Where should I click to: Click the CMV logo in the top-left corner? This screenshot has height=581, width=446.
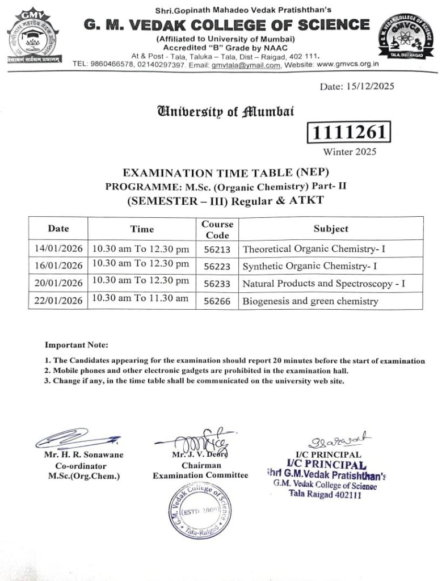(x=34, y=37)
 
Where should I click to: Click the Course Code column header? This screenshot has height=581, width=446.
(x=217, y=229)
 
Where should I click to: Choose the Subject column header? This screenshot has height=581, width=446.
(x=331, y=229)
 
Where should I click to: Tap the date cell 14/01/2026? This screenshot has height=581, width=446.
(x=58, y=249)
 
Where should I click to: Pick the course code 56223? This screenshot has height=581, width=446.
(x=217, y=266)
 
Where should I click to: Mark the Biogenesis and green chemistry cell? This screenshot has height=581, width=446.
(x=310, y=301)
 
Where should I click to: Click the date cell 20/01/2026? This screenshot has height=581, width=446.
(x=58, y=283)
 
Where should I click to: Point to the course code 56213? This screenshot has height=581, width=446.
(x=217, y=249)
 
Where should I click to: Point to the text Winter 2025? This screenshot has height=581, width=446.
(x=350, y=151)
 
